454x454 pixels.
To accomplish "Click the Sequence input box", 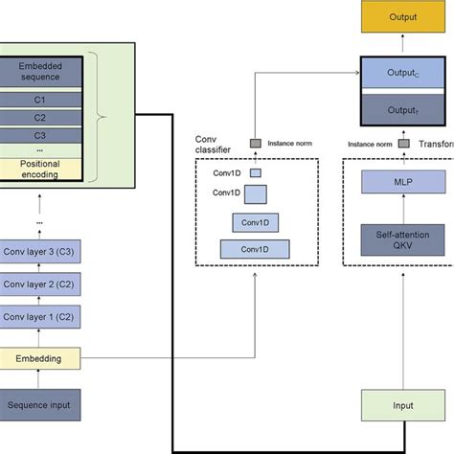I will pos(38,406).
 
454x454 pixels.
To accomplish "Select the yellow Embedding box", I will pos(38,358).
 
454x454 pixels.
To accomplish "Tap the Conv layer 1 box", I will pos(38,317).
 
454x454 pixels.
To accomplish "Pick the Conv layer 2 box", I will pos(38,284).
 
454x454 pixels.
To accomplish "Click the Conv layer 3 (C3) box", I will pos(38,252).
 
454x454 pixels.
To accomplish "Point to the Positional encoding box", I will pos(38,169).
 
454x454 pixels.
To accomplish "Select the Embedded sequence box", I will pos(38,70).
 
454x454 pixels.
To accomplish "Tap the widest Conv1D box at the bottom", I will pos(255,249).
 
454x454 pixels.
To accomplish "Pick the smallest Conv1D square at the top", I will pos(256,173).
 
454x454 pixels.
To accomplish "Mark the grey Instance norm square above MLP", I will pos(404,144).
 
